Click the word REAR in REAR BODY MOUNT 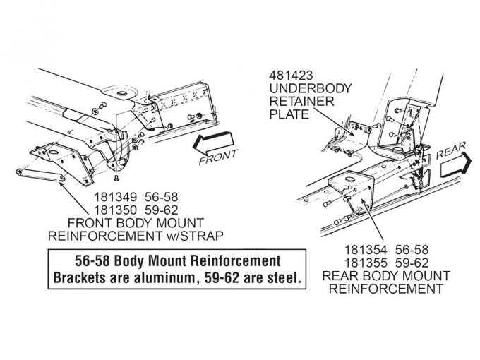tap(342, 275)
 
